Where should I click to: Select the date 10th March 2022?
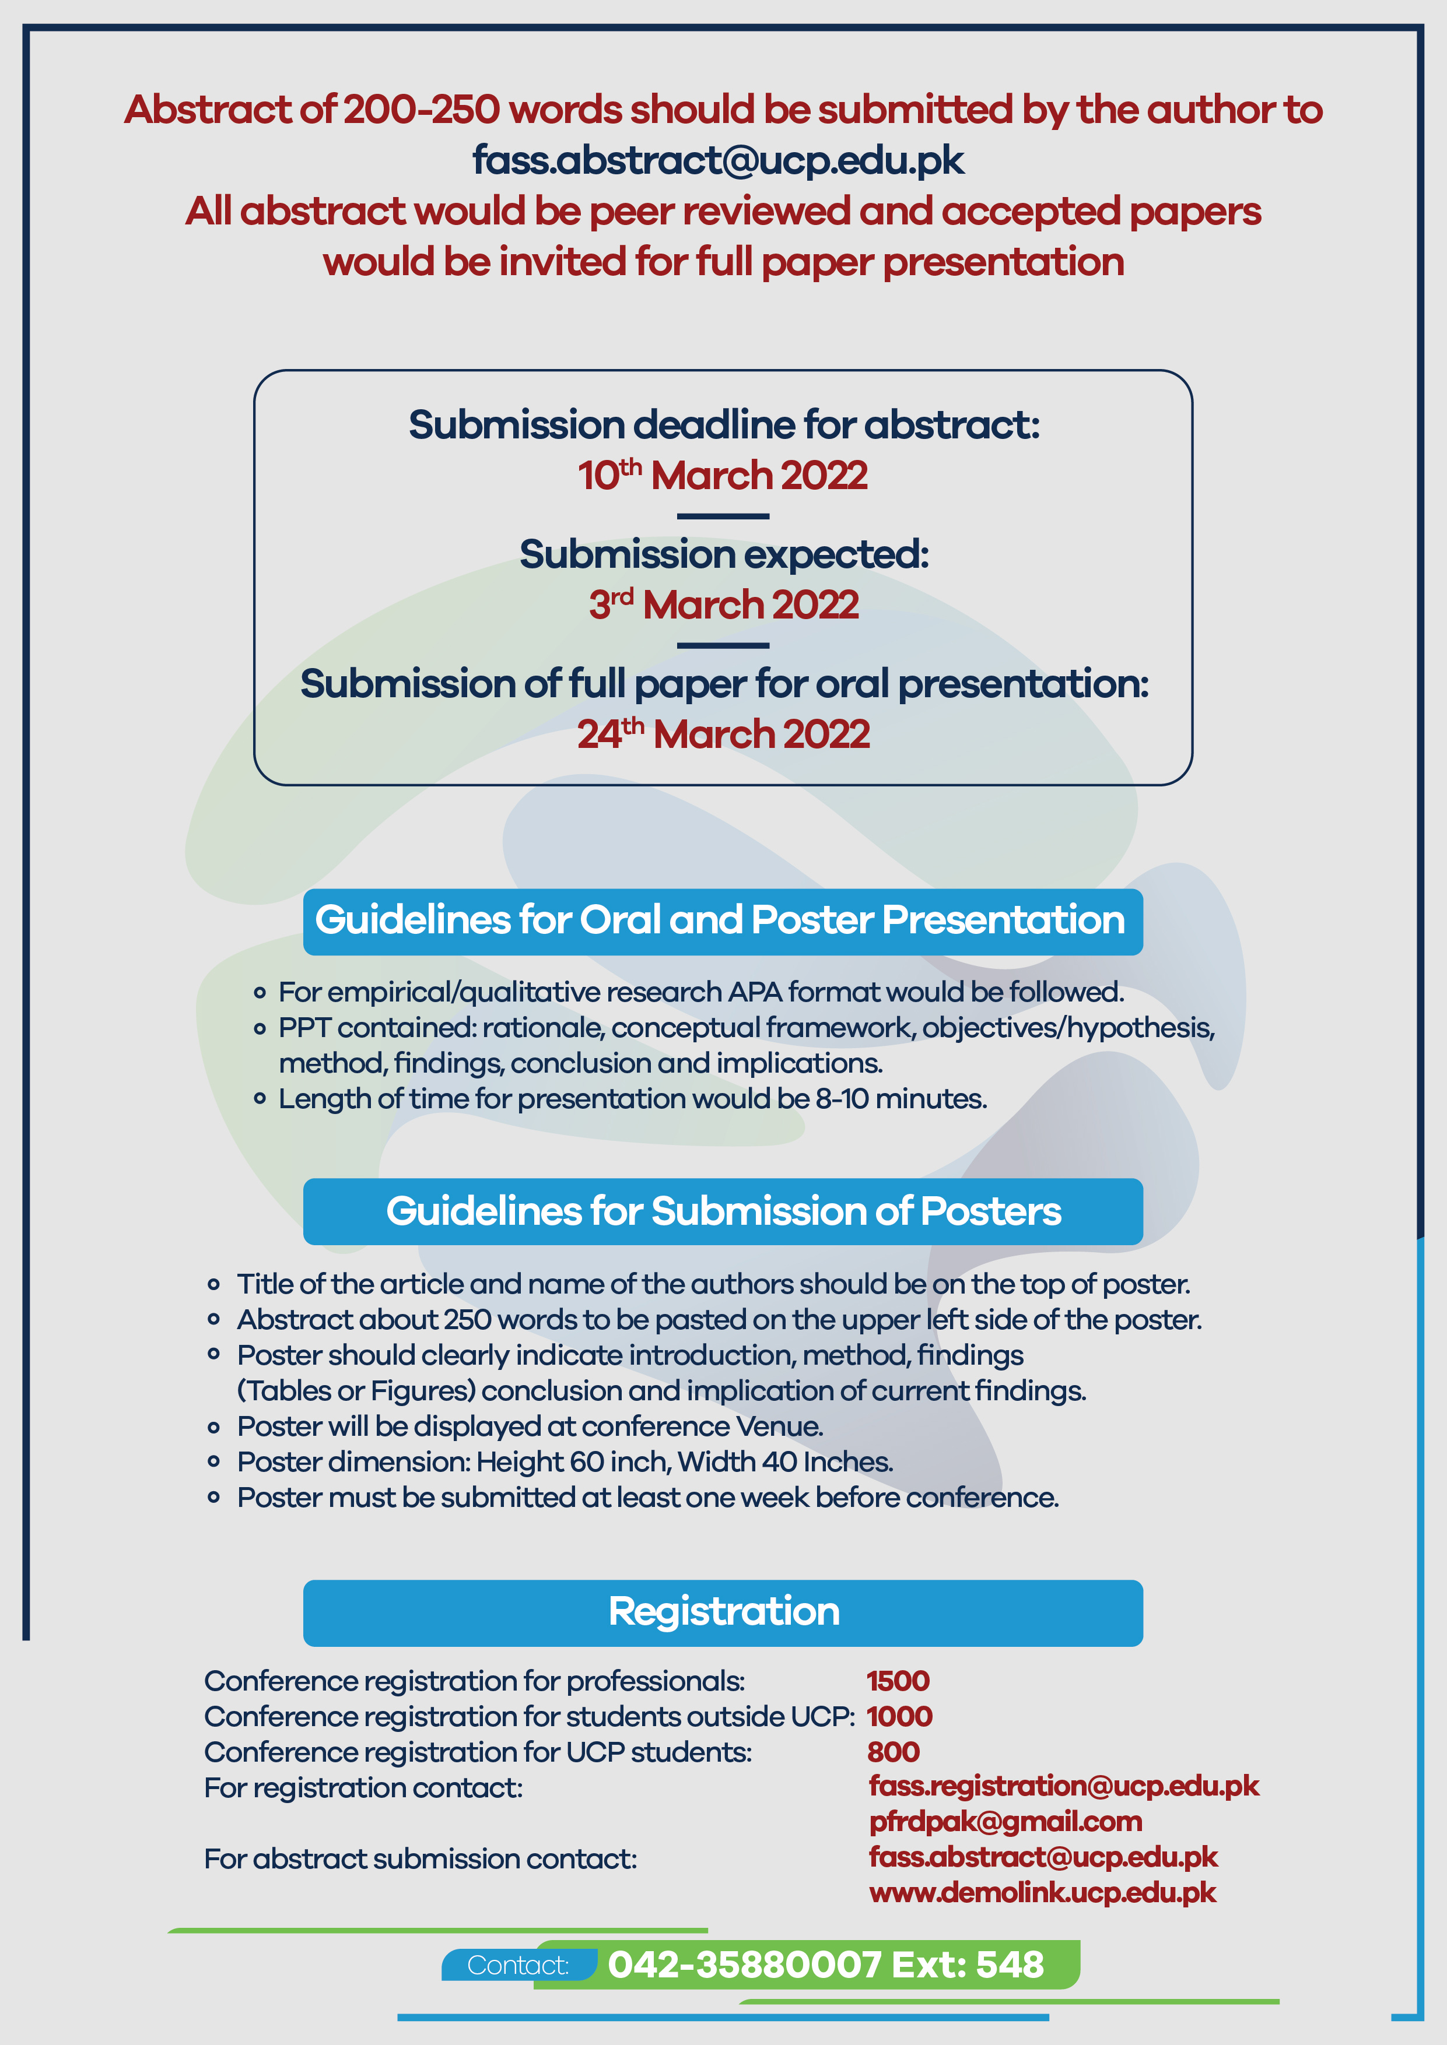pyautogui.click(x=723, y=475)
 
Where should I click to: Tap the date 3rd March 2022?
pyautogui.click(x=723, y=605)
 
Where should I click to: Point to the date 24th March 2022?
pyautogui.click(x=723, y=734)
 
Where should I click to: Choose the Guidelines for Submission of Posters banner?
pyautogui.click(x=723, y=1211)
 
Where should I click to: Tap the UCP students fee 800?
pyautogui.click(x=894, y=1752)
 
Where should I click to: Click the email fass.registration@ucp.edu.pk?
pyautogui.click(x=1064, y=1787)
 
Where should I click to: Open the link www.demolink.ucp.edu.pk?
pyautogui.click(x=1042, y=1893)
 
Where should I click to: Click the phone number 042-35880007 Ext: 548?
pyautogui.click(x=826, y=1965)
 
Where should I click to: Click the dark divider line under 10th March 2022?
pyautogui.click(x=723, y=516)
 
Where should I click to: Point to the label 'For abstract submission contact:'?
pyautogui.click(x=421, y=1860)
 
